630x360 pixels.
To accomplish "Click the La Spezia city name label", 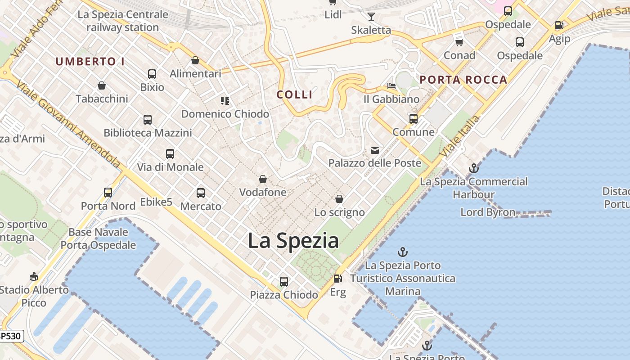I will tap(293, 240).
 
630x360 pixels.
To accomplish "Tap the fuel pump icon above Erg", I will tap(338, 279).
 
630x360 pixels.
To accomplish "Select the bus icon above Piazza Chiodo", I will tap(284, 282).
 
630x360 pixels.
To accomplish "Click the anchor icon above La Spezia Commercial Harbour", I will tap(473, 168).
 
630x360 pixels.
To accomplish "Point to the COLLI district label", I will tap(295, 94).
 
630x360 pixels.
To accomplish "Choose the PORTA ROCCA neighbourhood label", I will tap(463, 80).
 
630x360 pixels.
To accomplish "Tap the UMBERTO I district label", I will tap(90, 62).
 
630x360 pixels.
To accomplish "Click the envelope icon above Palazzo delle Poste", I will tap(375, 150).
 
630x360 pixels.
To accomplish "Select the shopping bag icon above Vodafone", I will tap(263, 179).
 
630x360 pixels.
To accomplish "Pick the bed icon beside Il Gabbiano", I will tap(391, 85).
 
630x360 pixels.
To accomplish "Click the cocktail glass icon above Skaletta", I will tap(371, 17).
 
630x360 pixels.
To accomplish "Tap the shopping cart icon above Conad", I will tap(459, 42).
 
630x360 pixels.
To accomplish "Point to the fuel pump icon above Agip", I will tap(559, 26).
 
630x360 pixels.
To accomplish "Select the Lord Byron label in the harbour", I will tap(488, 212).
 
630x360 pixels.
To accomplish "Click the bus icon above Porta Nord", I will tap(108, 193).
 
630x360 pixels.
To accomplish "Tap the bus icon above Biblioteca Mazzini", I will tap(148, 120).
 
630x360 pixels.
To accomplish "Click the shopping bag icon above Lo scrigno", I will tap(339, 199).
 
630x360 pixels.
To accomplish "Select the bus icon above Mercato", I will tap(201, 193).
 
